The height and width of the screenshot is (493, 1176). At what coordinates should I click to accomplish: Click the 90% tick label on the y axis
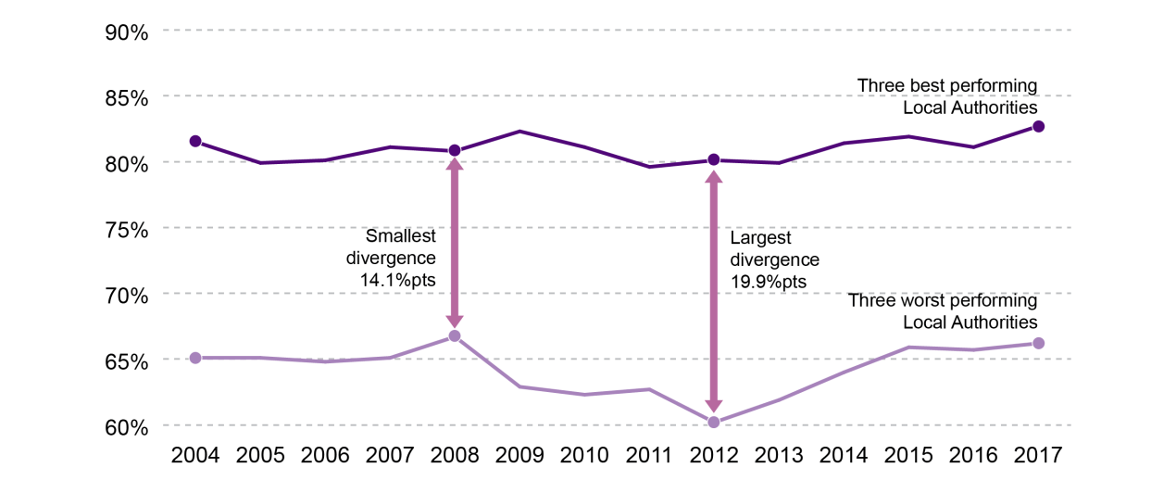(x=126, y=32)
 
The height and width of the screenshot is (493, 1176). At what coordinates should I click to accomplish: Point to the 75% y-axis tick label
(x=126, y=229)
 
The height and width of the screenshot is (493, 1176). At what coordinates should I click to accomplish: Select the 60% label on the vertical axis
(x=126, y=427)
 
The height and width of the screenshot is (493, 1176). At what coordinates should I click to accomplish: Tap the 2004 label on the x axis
(x=195, y=456)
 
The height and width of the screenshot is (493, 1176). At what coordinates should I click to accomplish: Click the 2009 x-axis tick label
(x=519, y=456)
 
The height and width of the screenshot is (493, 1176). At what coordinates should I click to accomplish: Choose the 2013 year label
(x=779, y=456)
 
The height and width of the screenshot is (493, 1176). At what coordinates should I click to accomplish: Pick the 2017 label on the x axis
(x=1038, y=456)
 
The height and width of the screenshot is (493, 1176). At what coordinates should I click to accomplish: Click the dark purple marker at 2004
(x=195, y=141)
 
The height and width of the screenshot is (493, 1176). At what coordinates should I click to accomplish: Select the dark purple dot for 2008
(x=455, y=150)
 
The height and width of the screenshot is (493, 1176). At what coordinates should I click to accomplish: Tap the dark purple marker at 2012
(x=714, y=159)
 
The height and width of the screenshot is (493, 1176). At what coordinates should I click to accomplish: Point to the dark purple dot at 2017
(x=1038, y=126)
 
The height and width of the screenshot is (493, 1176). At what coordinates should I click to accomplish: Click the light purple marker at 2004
(x=195, y=358)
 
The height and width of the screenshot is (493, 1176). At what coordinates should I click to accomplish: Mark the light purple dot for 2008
(x=455, y=335)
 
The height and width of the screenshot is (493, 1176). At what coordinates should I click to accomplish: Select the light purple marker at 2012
(x=714, y=423)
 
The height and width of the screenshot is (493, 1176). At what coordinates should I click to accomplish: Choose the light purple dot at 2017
(x=1038, y=343)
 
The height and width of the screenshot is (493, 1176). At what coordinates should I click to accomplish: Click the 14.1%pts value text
(x=392, y=279)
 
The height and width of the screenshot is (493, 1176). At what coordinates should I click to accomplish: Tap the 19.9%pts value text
(x=769, y=281)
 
